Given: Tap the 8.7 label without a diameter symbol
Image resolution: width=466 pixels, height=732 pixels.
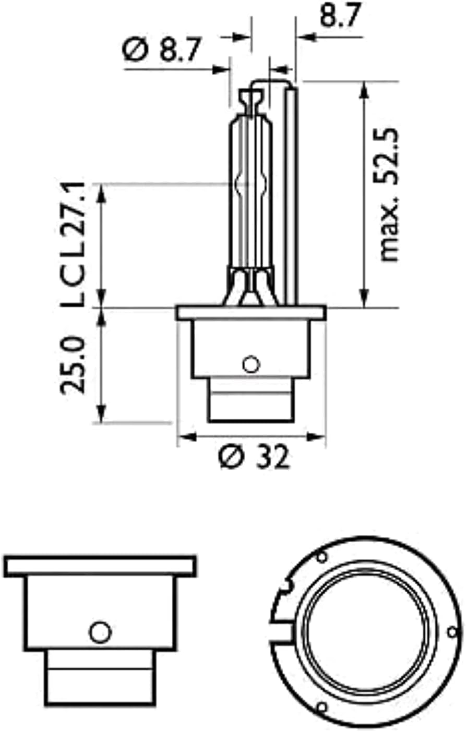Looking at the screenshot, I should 340,15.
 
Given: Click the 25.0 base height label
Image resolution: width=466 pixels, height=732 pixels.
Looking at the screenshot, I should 73,364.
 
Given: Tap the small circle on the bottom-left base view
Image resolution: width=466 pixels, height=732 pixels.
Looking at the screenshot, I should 100,632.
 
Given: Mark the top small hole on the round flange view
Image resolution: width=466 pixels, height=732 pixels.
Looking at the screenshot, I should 322,557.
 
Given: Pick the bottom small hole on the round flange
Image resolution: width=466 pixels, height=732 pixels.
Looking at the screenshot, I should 322,707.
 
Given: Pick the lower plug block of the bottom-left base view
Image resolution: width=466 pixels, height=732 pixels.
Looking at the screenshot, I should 100,678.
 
